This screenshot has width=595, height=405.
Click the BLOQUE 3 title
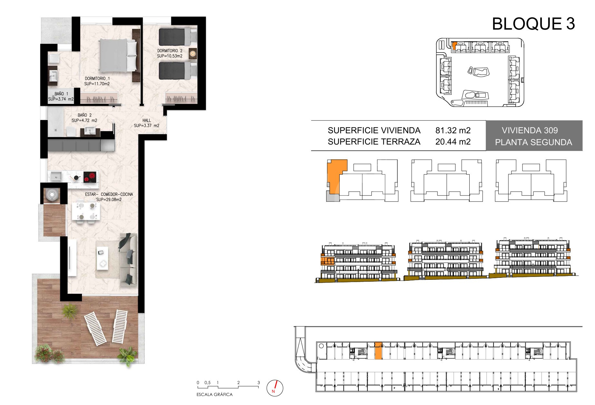533,24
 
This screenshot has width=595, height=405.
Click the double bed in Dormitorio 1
118,55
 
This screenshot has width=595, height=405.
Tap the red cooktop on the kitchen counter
90,177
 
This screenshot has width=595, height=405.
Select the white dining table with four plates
85,211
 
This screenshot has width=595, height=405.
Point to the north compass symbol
275,388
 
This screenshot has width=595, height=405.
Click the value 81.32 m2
453,130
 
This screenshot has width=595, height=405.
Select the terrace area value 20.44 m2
453,142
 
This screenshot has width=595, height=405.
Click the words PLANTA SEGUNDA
533,142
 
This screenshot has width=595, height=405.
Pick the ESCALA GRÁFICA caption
214,395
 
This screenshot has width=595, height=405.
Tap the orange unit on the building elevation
328,261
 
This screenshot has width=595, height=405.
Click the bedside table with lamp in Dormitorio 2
193,53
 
